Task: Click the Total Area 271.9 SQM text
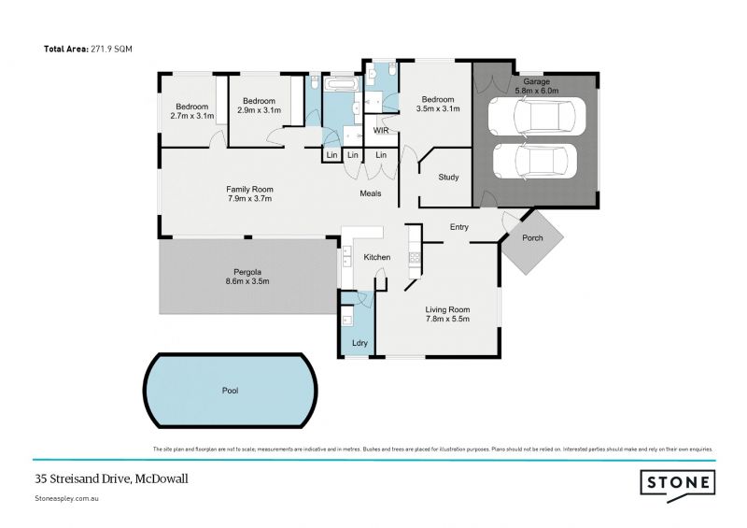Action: [x=88, y=48]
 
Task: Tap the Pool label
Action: [x=230, y=391]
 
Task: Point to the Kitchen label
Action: [x=376, y=257]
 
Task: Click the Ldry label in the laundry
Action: [x=359, y=343]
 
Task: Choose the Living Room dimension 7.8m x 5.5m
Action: [x=447, y=320]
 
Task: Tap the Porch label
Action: [x=532, y=238]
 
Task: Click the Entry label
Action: [x=458, y=227]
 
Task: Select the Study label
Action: [x=448, y=176]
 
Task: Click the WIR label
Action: [x=381, y=131]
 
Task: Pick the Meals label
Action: [x=371, y=193]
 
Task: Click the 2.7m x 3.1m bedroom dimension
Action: [x=192, y=116]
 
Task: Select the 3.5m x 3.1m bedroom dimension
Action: [x=437, y=109]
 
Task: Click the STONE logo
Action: [x=677, y=483]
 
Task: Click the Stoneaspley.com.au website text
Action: [x=67, y=500]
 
